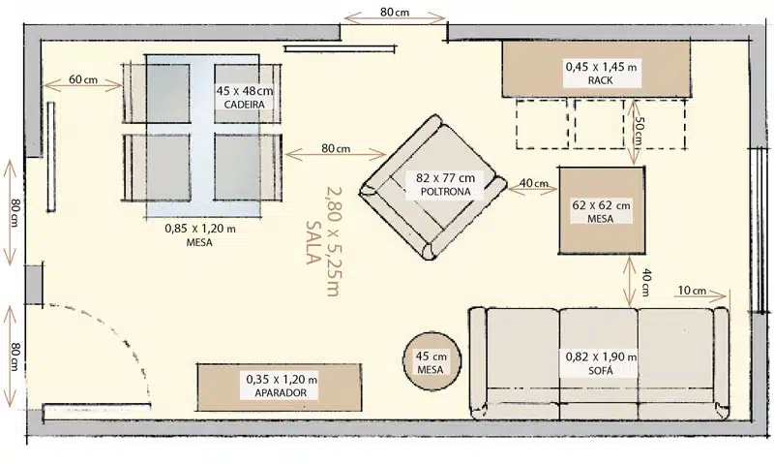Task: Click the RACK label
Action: coord(600,80)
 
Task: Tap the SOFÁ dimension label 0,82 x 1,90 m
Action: coord(601,356)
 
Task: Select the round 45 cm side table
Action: coord(432,361)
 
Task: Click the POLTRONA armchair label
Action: coord(445,191)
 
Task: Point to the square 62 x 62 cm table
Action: coord(602,210)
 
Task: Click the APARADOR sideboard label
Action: coord(281,393)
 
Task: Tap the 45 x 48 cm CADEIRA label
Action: coord(245,97)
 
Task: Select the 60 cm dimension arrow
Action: coord(83,86)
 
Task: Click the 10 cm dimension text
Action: coord(692,290)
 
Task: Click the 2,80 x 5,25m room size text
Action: coord(333,241)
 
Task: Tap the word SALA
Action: coord(313,242)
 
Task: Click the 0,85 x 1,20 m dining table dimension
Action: coord(200,229)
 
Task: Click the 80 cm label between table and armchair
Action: coord(336,148)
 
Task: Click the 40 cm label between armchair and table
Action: coord(534,183)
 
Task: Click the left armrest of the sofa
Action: coord(478,363)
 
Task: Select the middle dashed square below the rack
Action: coord(599,124)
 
